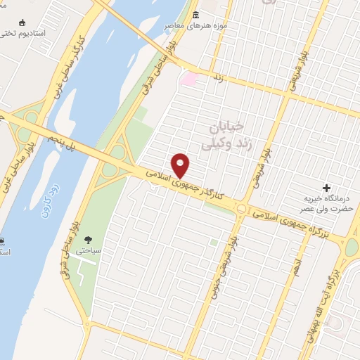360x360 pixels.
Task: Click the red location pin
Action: point(181,165)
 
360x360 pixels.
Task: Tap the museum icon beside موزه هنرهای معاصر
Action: point(195,15)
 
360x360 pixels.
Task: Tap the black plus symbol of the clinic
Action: point(326,188)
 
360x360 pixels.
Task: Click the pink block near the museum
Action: point(188,78)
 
